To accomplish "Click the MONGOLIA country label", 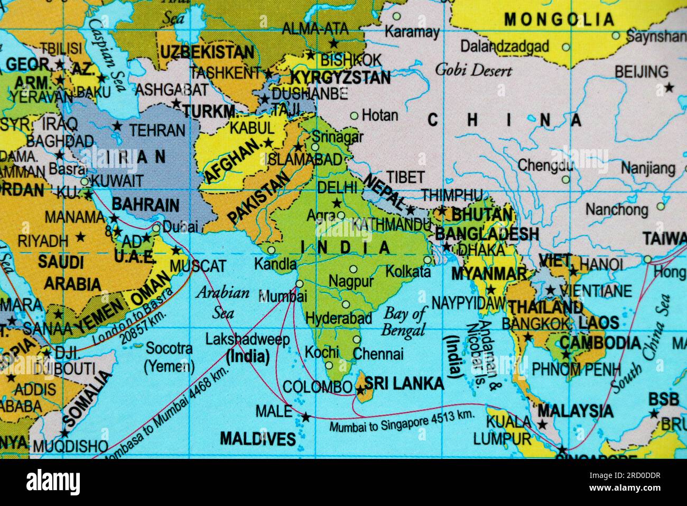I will (x=559, y=20).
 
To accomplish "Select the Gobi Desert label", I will (x=474, y=70).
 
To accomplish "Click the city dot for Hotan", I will (x=355, y=115).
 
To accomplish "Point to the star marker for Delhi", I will (x=336, y=203).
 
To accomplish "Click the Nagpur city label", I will (x=351, y=281).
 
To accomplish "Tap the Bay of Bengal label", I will (x=404, y=322).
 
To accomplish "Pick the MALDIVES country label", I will (x=257, y=438).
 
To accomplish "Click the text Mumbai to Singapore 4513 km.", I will (x=402, y=421).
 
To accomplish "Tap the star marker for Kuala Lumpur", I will (x=542, y=424).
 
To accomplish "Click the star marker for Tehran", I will (x=117, y=127).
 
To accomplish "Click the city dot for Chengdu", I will (x=565, y=179).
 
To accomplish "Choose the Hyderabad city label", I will (x=339, y=319).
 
